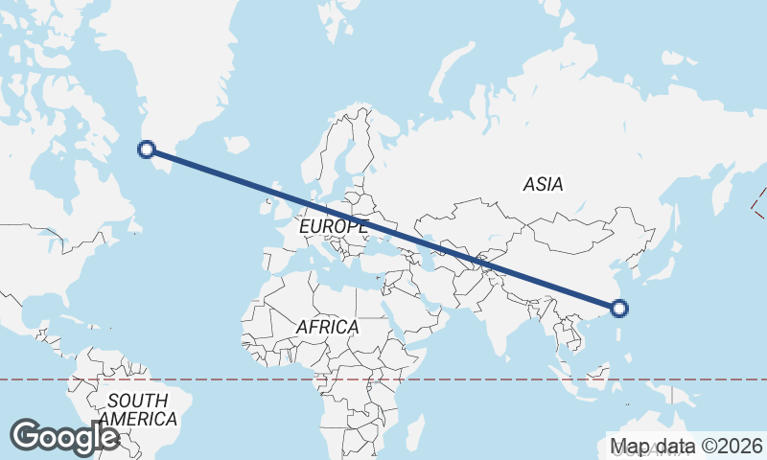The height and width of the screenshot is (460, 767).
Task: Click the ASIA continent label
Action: click(544, 184)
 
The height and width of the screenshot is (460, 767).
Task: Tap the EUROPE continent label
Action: click(333, 227)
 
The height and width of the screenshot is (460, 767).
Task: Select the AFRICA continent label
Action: click(327, 327)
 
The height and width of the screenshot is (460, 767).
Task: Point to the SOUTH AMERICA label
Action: click(138, 409)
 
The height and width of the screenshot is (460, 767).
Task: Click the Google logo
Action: click(64, 436)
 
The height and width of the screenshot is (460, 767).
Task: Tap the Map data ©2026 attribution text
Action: click(686, 446)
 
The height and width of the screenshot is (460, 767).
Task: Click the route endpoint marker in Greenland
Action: click(147, 149)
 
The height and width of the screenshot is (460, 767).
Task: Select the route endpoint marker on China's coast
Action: click(619, 308)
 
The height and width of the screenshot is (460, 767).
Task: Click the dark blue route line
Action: click(383, 228)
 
